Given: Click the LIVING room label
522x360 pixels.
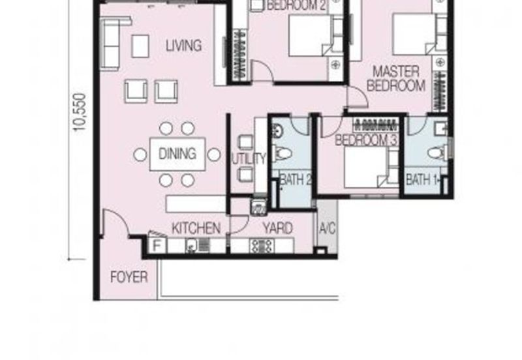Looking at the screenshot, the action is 184,45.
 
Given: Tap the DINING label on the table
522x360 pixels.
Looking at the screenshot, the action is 177,154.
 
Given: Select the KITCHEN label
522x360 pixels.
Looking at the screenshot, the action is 196,228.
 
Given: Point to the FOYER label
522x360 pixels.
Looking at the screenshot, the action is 129,277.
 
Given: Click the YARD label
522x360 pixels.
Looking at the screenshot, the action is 278,228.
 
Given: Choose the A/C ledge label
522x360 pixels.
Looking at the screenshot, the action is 328,228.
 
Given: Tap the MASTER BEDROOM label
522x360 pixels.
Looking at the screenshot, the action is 396,78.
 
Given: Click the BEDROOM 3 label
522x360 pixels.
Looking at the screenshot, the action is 366,140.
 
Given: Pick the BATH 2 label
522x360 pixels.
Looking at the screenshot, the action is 296,179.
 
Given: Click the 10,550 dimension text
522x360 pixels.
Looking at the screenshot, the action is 80,112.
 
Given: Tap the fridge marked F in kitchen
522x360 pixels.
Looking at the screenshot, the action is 157,246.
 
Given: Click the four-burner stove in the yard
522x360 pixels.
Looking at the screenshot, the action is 262,246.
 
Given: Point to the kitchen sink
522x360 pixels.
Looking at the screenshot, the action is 192,246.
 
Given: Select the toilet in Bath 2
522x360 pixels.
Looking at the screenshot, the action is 282,154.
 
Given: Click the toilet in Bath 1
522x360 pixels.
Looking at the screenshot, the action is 438,153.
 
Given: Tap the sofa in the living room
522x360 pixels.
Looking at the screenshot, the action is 112,43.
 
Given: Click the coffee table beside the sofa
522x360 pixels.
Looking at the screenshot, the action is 140,46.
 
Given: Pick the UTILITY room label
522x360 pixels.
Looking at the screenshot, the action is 249,159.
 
